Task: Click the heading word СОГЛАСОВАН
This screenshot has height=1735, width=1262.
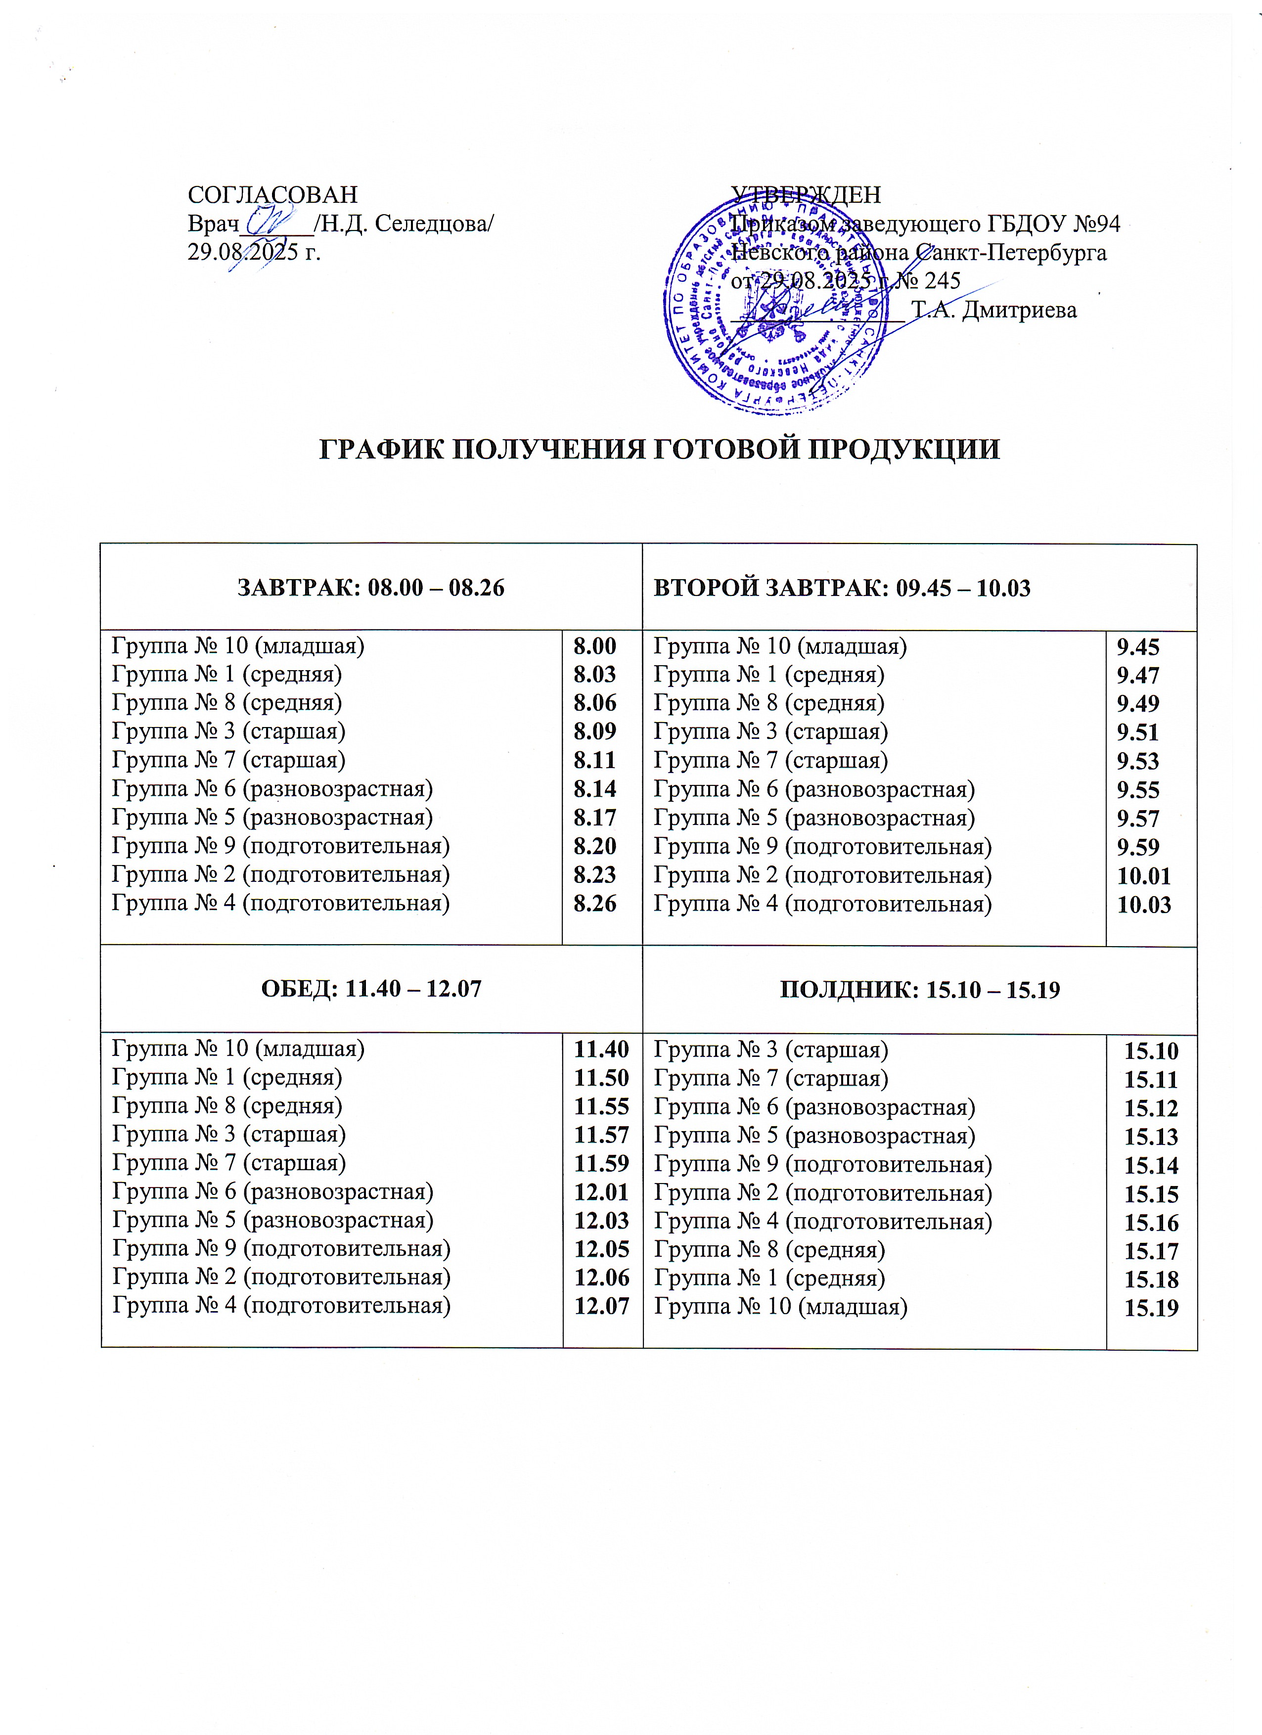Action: coord(272,194)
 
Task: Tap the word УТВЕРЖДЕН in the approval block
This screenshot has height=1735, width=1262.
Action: coord(806,194)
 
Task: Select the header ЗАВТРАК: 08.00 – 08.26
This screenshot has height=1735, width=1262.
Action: coord(371,588)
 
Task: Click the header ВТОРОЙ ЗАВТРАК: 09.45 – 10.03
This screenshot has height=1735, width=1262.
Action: coord(841,588)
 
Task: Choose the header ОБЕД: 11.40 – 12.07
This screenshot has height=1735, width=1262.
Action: coord(371,989)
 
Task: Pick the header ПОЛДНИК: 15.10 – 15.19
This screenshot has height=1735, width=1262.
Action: coord(919,990)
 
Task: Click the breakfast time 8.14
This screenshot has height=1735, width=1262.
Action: coord(595,789)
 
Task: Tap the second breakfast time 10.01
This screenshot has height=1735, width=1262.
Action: coord(1143,876)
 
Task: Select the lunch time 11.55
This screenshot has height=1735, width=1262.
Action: coord(601,1106)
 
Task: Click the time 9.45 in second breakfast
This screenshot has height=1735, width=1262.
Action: coord(1138,647)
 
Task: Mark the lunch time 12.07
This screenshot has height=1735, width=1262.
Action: coord(601,1305)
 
